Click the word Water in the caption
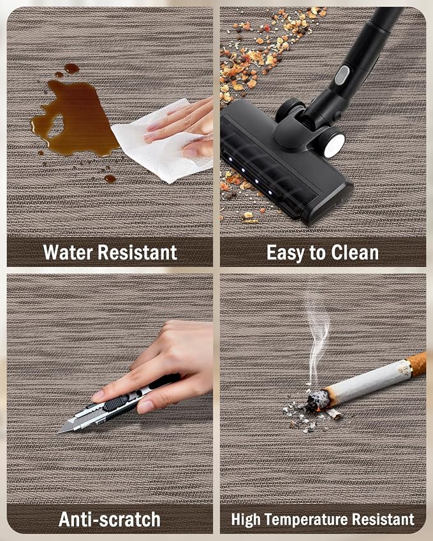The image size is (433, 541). point(68,252)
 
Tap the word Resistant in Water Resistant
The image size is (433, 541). point(138,252)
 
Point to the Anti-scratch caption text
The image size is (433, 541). point(110,519)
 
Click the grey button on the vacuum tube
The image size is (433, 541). point(342,75)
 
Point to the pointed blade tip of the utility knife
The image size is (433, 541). point(59,432)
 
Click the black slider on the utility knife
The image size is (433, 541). point(116,402)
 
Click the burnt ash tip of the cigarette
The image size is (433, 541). point(315,401)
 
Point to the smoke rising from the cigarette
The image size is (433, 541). point(318,342)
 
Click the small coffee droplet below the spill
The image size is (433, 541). point(110,178)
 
